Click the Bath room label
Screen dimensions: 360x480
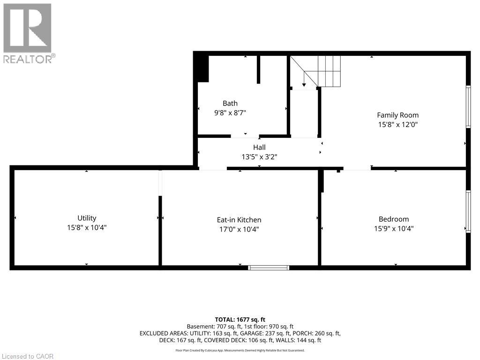[230, 103]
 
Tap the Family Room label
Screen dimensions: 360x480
[397, 115]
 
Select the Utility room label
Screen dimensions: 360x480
[87, 218]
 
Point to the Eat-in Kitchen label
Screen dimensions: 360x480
[239, 220]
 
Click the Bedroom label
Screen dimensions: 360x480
[393, 219]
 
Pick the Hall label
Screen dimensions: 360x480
[259, 148]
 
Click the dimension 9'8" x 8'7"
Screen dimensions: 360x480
[230, 113]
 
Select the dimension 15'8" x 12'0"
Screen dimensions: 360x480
[397, 125]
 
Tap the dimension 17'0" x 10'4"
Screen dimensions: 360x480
[239, 229]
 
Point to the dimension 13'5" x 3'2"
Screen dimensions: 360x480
[259, 157]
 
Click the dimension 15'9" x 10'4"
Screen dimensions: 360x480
[393, 229]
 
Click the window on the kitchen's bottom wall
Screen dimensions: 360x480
[269, 268]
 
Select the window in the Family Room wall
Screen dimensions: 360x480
[468, 106]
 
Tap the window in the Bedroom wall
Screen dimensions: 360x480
[468, 211]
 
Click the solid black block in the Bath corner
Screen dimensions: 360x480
[202, 68]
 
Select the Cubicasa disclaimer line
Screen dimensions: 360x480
[240, 350]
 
